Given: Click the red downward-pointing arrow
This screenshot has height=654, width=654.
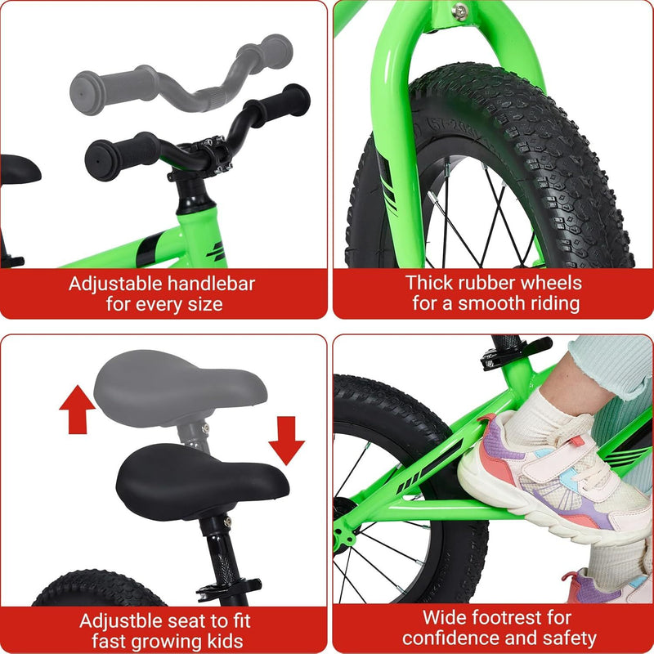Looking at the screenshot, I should [285, 437].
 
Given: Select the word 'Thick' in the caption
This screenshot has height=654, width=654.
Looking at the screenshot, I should [431, 284].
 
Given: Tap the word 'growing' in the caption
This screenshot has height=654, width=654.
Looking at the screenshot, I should [163, 638].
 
